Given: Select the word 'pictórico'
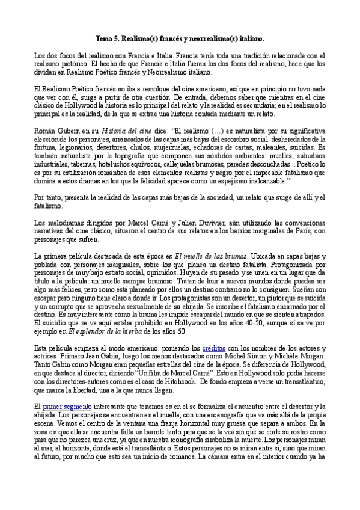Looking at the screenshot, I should [x=78, y=63].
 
